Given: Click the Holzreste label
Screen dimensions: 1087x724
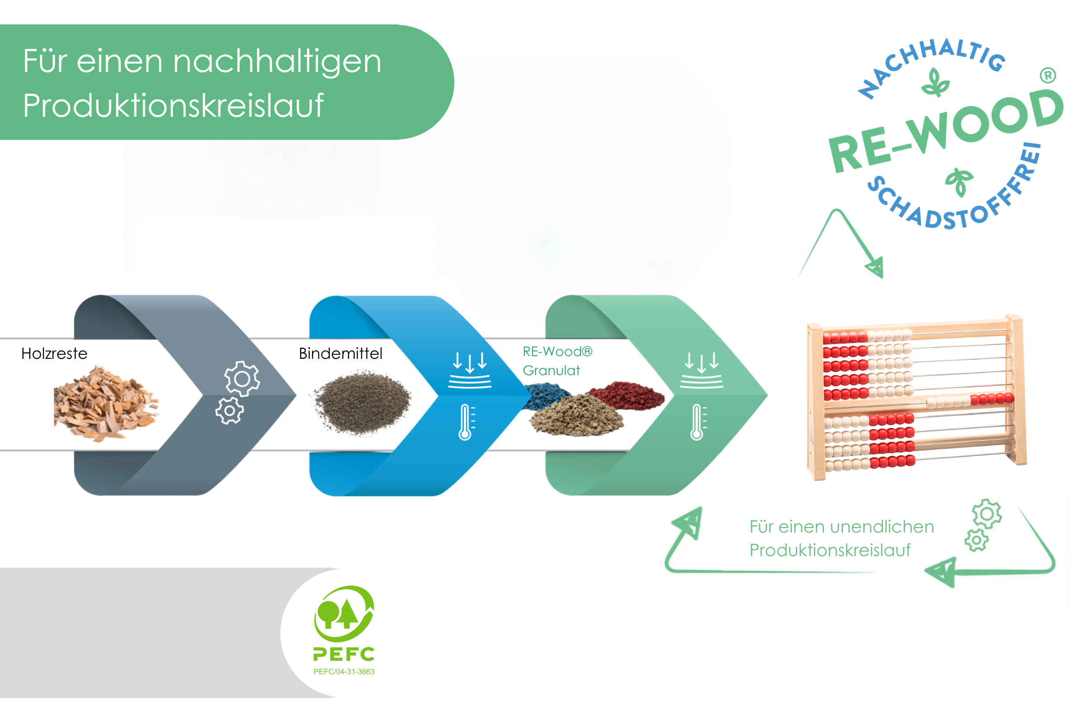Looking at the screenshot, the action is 54,354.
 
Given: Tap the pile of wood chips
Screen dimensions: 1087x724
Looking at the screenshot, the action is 106,404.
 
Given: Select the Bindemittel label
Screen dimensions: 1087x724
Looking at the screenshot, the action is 341,354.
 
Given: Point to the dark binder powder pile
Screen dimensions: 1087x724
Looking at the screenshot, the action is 362,402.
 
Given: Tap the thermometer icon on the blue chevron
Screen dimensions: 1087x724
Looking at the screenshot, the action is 466,423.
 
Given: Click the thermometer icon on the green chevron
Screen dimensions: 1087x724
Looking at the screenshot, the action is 698,423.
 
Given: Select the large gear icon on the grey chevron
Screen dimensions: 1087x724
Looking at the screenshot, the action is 242,379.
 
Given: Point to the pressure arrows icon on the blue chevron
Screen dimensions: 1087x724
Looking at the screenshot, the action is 470,370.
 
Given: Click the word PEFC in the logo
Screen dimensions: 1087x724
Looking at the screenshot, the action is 344,654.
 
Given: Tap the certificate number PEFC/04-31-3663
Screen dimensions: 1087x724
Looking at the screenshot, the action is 344,672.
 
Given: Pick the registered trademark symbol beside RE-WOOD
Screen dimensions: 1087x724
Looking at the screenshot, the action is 1048,75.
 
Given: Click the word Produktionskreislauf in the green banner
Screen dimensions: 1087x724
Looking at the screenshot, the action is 173,106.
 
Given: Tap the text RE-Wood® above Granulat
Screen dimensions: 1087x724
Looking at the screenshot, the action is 558,352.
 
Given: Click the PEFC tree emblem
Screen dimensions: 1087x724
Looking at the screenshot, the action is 344,614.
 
